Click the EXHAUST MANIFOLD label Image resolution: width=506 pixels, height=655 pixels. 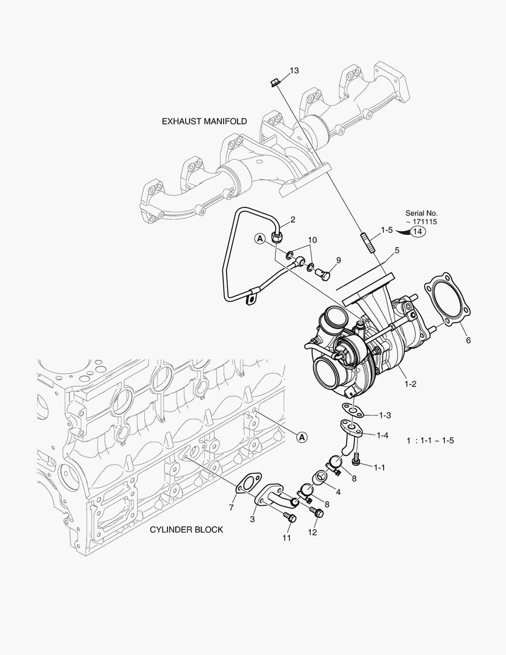point(204,121)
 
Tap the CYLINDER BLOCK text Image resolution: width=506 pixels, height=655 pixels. point(186,529)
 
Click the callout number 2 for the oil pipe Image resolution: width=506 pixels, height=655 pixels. point(292,219)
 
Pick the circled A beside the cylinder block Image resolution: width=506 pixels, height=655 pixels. point(302,436)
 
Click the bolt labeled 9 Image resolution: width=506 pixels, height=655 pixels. point(325,274)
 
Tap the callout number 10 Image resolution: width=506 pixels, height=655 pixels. point(312,240)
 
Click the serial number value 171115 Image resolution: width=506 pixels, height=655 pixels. point(424,222)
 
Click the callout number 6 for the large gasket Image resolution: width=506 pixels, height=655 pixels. point(468,341)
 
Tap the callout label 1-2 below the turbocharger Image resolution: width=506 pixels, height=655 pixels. point(410,383)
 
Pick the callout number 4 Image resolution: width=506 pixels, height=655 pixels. point(338,492)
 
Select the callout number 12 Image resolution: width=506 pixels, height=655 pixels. point(312,532)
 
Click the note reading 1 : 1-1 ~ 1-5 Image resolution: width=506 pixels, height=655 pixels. point(430,440)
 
